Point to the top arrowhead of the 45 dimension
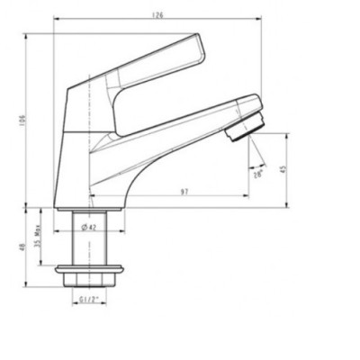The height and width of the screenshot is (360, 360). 287,137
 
